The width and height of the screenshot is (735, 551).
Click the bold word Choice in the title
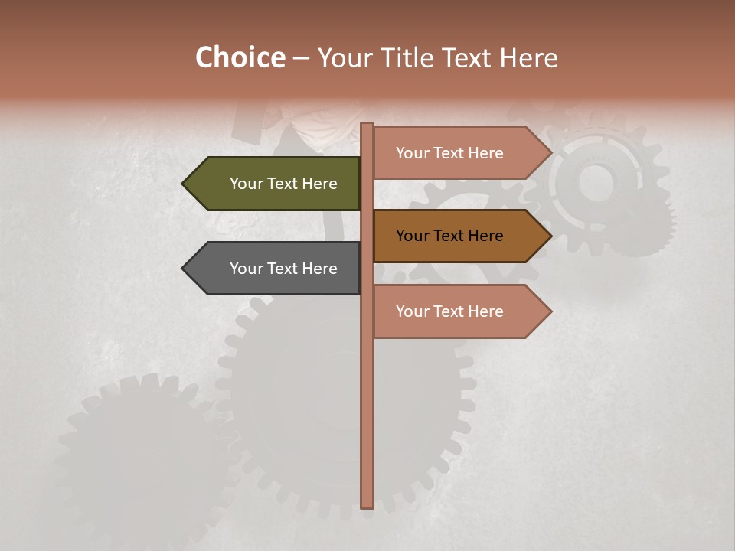[240, 57]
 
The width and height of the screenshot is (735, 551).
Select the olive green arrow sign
[276, 184]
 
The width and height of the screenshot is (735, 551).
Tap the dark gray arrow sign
[276, 269]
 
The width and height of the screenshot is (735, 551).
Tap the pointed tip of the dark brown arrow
[550, 236]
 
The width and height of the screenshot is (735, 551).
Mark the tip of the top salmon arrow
[550, 153]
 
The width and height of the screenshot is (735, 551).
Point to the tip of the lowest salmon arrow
[550, 311]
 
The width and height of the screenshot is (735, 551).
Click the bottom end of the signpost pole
[367, 506]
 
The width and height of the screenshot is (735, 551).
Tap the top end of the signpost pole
[367, 125]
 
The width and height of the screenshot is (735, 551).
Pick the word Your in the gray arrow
[246, 269]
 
